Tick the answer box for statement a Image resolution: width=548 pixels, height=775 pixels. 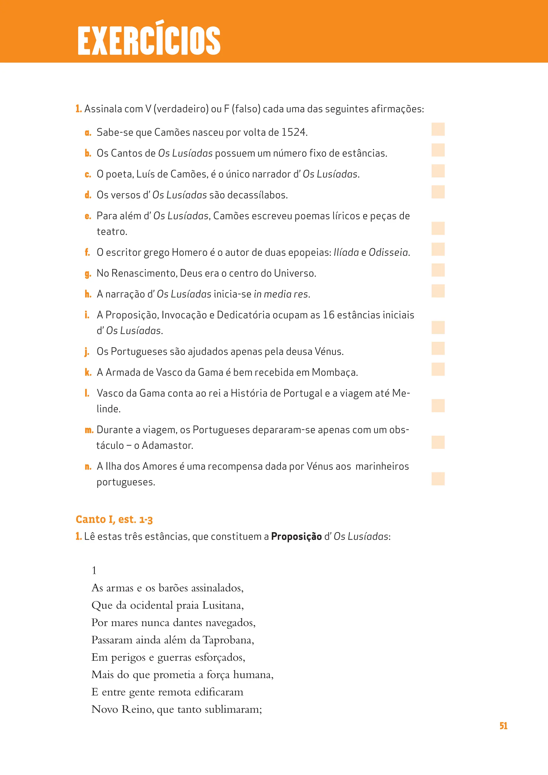(x=438, y=129)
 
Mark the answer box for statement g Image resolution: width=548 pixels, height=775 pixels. (x=438, y=270)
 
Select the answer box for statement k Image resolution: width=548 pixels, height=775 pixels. (x=438, y=369)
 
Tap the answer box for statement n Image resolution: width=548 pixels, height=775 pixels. (x=438, y=479)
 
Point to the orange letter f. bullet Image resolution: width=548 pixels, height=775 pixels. (x=87, y=252)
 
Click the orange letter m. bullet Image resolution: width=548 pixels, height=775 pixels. (x=89, y=430)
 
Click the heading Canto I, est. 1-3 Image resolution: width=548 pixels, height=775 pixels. (x=114, y=519)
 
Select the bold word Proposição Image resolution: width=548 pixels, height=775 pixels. (x=296, y=537)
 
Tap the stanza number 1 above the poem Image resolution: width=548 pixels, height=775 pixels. (x=94, y=571)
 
